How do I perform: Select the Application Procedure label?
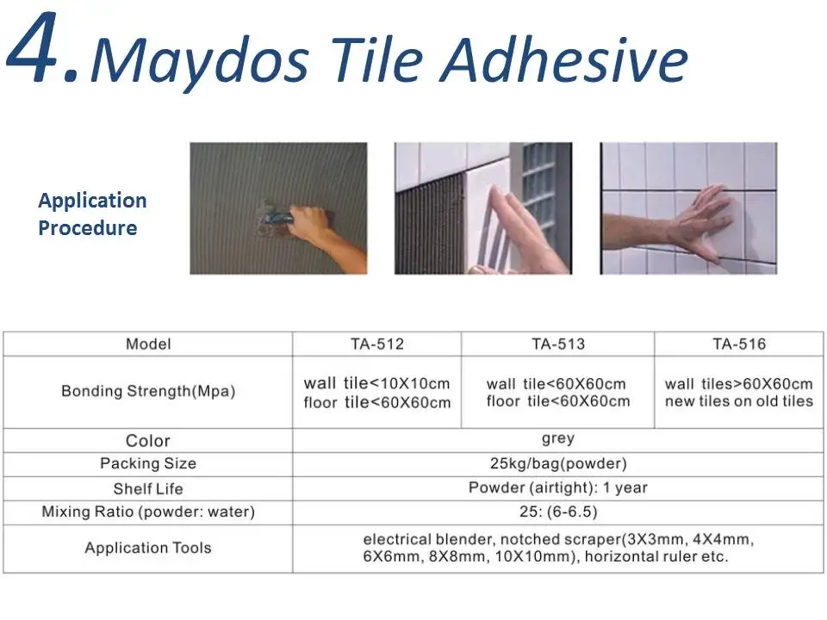pos(91,214)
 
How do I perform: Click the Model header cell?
pos(148,344)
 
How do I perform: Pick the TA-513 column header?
pos(557,344)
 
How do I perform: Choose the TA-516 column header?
pos(739,344)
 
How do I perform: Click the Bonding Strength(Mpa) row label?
pos(148,391)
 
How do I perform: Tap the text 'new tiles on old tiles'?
pos(739,401)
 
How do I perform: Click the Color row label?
pos(148,441)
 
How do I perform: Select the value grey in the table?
pos(558,439)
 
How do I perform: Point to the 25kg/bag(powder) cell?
pos(558,463)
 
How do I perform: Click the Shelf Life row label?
pos(148,488)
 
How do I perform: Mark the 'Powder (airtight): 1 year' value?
pos(558,487)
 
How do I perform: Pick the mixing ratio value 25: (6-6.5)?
pos(558,512)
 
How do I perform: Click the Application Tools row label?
pos(148,548)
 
